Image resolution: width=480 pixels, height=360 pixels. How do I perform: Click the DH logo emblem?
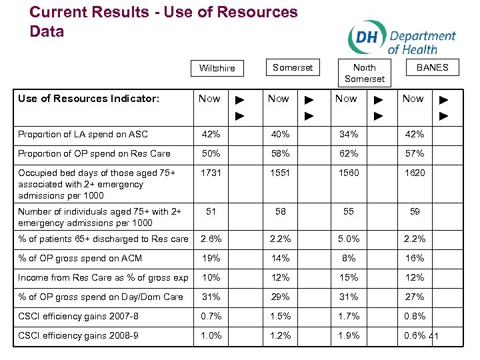[366, 37]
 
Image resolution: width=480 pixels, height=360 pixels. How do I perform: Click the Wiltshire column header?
[217, 68]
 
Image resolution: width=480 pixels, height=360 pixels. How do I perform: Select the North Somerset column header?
[364, 73]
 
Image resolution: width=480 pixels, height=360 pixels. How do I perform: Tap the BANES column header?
[432, 67]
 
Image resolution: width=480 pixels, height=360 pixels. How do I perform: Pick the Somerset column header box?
[292, 67]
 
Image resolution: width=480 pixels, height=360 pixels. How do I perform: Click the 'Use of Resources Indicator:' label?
[89, 99]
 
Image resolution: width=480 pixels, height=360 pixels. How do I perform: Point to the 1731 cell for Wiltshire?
[211, 173]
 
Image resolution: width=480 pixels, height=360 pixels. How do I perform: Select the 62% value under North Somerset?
[348, 153]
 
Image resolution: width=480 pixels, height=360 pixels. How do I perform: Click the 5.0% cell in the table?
[348, 239]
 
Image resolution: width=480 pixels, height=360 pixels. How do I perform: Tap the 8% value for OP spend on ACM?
[348, 258]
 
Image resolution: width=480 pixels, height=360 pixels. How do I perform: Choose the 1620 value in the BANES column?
[414, 173]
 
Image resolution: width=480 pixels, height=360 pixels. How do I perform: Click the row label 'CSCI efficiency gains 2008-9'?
[79, 335]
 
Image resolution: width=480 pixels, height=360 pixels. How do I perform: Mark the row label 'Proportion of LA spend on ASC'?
[83, 134]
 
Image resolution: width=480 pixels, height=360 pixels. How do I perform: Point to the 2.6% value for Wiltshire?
[211, 239]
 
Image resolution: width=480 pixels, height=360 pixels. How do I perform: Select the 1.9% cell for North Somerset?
[348, 335]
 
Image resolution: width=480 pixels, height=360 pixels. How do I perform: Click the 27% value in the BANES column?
[414, 297]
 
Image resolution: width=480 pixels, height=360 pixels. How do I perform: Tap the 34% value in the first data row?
[348, 134]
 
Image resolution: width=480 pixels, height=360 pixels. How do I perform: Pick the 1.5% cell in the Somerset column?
[280, 316]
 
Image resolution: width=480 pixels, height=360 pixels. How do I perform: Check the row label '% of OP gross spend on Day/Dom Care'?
[101, 297]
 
